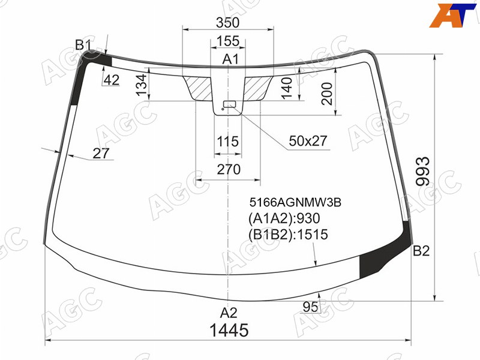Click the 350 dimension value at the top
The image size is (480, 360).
pyautogui.click(x=227, y=22)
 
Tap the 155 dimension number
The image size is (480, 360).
pyautogui.click(x=228, y=41)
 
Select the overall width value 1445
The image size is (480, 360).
pyautogui.click(x=229, y=331)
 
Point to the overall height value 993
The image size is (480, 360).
pyautogui.click(x=423, y=172)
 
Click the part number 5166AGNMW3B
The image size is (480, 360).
pyautogui.click(x=295, y=202)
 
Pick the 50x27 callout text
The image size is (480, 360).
pyautogui.click(x=308, y=141)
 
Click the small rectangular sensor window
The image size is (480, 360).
pyautogui.click(x=229, y=104)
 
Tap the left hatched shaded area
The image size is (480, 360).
pyautogui.click(x=199, y=88)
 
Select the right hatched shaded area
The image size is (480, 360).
pyautogui.click(x=257, y=88)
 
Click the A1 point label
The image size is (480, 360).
pyautogui.click(x=230, y=59)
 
